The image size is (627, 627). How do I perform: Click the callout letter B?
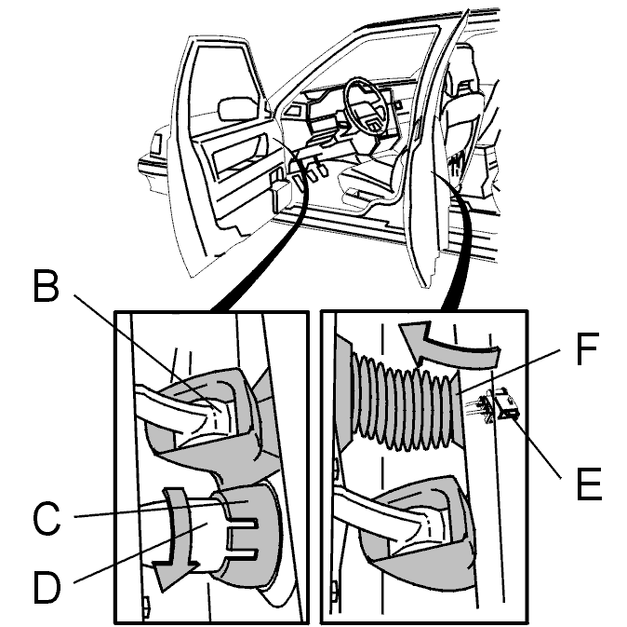click(x=46, y=286)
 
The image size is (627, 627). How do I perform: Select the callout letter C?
click(x=47, y=519)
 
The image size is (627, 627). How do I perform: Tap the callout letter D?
click(x=47, y=587)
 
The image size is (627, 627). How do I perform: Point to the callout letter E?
click(x=589, y=484)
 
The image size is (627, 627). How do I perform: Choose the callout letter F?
click(x=587, y=348)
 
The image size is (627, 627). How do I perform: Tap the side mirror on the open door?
click(x=237, y=108)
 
